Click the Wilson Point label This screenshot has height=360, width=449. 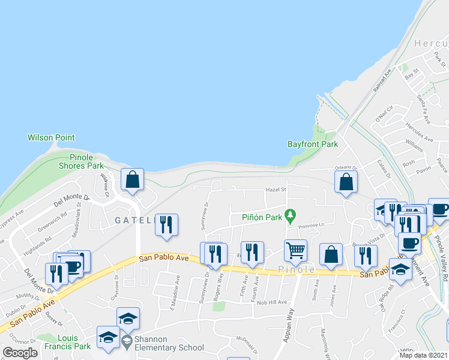coord(51,137)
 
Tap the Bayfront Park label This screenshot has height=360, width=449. coord(313,144)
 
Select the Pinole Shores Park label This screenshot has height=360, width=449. coord(81,161)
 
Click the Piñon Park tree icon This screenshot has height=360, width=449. coord(291,214)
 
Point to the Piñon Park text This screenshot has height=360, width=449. coord(262,217)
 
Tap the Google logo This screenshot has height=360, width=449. coord(19,353)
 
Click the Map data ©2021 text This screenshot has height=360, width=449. coord(423,355)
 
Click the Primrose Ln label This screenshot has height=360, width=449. coord(311,226)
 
